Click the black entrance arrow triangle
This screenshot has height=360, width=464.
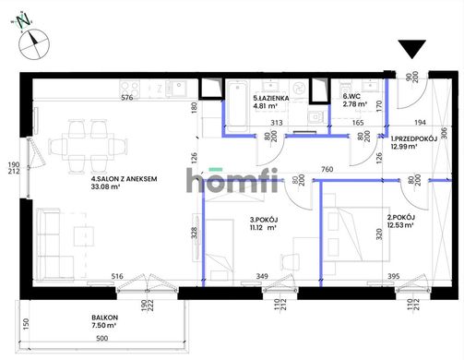pos(412,48)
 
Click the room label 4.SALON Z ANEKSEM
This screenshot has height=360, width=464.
pos(125,179)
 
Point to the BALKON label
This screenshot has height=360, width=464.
pos(104,318)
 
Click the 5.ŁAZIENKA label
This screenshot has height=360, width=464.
pos(271,98)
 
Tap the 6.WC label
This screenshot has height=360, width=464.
pos(351,97)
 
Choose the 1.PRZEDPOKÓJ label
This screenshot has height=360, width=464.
pos(414,138)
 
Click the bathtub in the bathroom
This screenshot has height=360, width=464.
pos(238,103)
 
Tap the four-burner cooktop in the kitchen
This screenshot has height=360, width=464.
pos(130,90)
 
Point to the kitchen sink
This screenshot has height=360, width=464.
pos(175,89)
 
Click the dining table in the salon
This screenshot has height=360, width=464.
pos(88,147)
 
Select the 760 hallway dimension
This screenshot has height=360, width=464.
pos(327,169)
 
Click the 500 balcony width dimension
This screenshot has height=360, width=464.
pos(102,339)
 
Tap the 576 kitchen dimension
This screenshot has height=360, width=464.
pos(126,98)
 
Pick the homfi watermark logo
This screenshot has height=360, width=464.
pos(232,181)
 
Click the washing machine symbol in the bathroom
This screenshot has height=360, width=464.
pos(298,89)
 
